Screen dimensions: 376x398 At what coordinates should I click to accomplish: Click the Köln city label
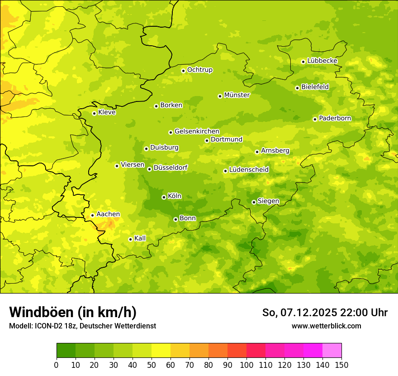tap(175, 196)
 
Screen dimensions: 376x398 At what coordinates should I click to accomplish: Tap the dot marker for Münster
tap(220, 96)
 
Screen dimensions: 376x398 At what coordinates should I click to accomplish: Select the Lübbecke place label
tap(322, 61)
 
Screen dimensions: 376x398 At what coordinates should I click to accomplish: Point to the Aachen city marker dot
tap(92, 215)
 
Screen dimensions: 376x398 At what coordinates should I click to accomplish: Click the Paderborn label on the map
tap(335, 118)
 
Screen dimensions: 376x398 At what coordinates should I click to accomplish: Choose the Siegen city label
tap(268, 201)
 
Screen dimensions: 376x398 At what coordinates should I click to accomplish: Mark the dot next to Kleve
tap(94, 113)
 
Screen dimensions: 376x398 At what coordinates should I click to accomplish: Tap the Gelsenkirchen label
tap(197, 131)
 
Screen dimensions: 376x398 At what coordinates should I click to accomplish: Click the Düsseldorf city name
tap(170, 168)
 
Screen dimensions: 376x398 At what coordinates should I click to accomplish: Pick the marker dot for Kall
tap(130, 239)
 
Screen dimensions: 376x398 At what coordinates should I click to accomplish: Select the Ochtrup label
tap(199, 70)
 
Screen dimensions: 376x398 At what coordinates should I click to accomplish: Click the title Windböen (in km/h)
tap(73, 313)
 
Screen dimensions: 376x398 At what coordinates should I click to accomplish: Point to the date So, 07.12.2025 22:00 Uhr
tap(325, 313)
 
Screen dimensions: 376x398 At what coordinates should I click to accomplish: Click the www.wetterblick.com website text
tap(326, 326)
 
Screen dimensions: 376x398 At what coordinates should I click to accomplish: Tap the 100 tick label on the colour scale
tap(246, 365)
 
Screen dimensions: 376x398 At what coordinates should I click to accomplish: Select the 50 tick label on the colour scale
tap(152, 365)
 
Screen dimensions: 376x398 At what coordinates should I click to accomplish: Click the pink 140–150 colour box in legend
tap(332, 351)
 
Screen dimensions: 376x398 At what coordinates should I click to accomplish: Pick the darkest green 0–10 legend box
tap(66, 351)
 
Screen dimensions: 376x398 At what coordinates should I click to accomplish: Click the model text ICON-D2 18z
tap(53, 326)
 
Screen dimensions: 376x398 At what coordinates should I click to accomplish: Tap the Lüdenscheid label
tap(249, 170)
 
